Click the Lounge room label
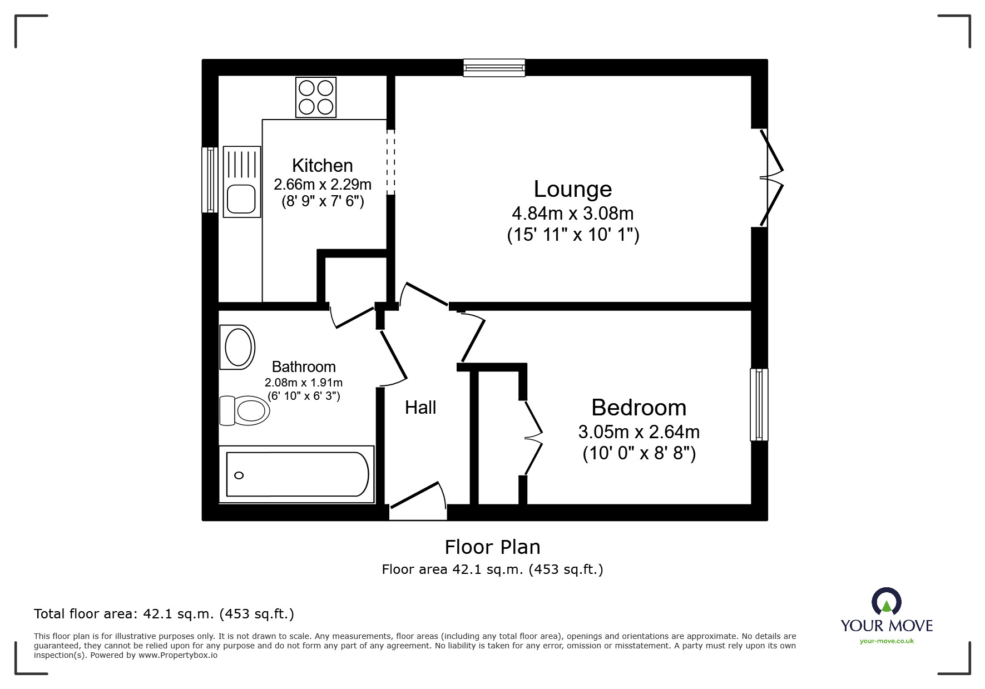pyautogui.click(x=572, y=189)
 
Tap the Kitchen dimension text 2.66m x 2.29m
pyautogui.click(x=322, y=184)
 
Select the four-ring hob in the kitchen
pyautogui.click(x=316, y=97)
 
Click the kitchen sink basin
pyautogui.click(x=241, y=199)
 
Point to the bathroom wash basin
pyautogui.click(x=239, y=346)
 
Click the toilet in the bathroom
pyautogui.click(x=245, y=411)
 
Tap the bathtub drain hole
pyautogui.click(x=239, y=475)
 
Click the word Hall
pyautogui.click(x=420, y=408)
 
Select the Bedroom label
pyautogui.click(x=638, y=408)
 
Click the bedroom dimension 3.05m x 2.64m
pyautogui.click(x=638, y=432)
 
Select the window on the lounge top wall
pyautogui.click(x=494, y=67)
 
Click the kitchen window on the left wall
pyautogui.click(x=210, y=180)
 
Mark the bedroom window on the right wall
pyautogui.click(x=759, y=405)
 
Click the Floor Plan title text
pyautogui.click(x=492, y=547)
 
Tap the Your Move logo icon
pyautogui.click(x=886, y=602)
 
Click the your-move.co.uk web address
pyautogui.click(x=887, y=641)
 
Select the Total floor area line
pyautogui.click(x=164, y=614)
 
